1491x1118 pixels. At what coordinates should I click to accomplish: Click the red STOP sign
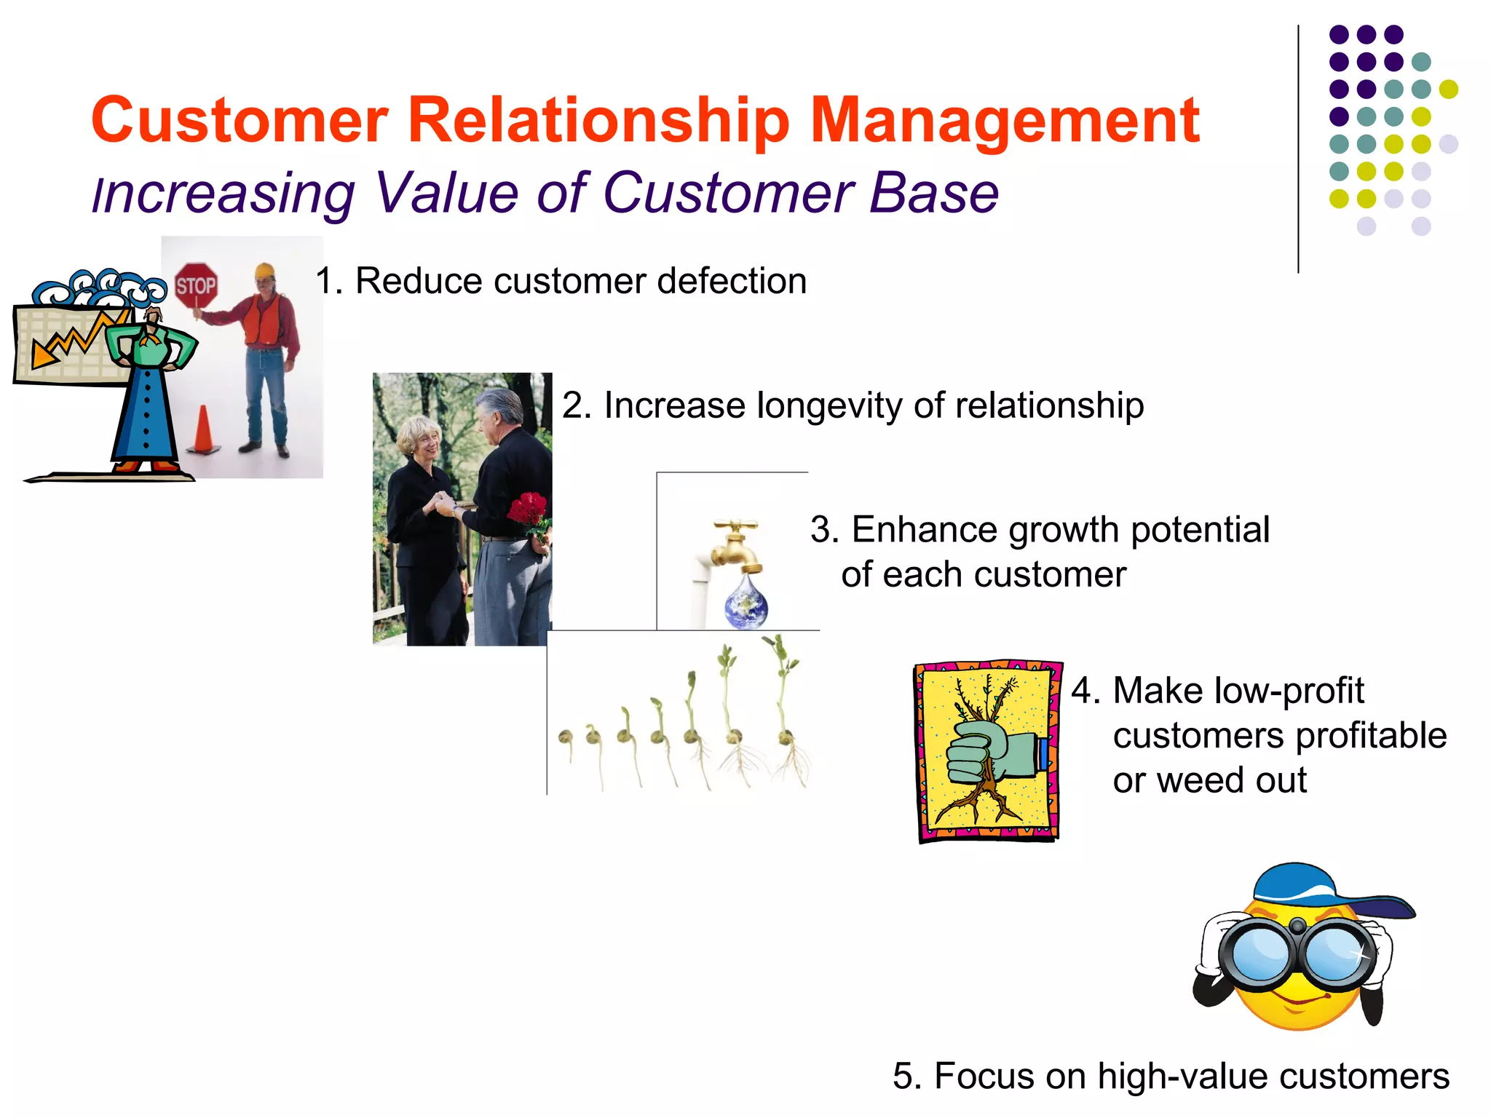tap(196, 285)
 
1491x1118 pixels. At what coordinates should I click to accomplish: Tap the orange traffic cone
tap(203, 430)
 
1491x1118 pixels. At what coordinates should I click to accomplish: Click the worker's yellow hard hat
tap(265, 271)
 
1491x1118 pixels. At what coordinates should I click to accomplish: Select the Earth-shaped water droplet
tap(746, 603)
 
